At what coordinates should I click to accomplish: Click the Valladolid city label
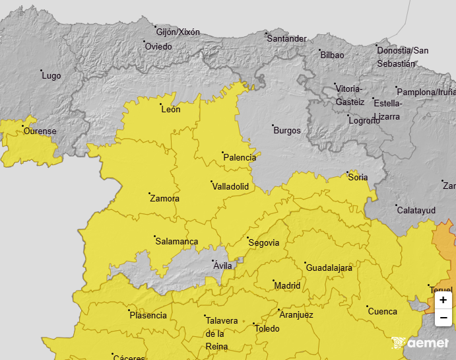pyautogui.click(x=230, y=187)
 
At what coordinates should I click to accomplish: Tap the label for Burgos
pyautogui.click(x=287, y=131)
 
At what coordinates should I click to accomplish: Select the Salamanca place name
pyautogui.click(x=176, y=242)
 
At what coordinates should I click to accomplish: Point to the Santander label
pyautogui.click(x=286, y=39)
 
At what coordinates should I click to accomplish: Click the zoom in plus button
pyautogui.click(x=443, y=300)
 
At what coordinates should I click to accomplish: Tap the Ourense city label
pyautogui.click(x=40, y=131)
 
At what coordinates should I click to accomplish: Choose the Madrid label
pyautogui.click(x=287, y=286)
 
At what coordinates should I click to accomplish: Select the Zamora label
pyautogui.click(x=164, y=199)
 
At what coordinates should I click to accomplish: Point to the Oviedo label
pyautogui.click(x=158, y=47)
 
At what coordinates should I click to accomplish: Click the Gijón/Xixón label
pyautogui.click(x=178, y=32)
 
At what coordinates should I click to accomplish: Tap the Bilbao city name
pyautogui.click(x=332, y=55)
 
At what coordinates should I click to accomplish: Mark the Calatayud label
pyautogui.click(x=416, y=210)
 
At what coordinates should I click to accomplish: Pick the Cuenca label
pyautogui.click(x=382, y=312)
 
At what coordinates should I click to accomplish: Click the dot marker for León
pyautogui.click(x=160, y=104)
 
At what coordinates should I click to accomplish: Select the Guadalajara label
pyautogui.click(x=329, y=268)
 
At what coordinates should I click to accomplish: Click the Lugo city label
pyautogui.click(x=51, y=76)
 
